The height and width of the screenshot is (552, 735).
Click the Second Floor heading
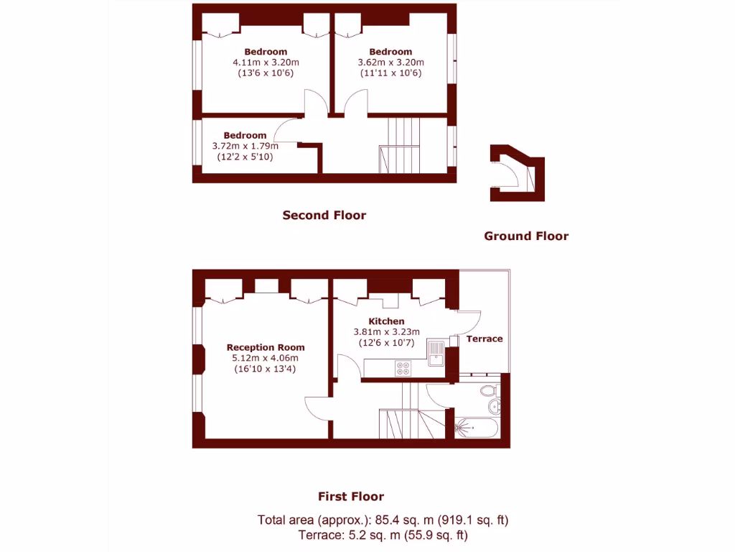324,215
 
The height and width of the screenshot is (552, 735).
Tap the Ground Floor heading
525,236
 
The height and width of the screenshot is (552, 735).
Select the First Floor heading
351,496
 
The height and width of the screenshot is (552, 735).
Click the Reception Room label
266,347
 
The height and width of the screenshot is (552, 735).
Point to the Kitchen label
386,321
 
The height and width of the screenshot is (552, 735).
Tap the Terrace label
484,339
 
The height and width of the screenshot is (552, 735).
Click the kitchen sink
436,354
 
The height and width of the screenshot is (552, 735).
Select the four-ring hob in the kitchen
403,368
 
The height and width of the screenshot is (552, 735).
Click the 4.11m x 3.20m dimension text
266,63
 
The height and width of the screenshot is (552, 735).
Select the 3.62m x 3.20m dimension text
390,63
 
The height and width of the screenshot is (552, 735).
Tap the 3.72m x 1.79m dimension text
245,146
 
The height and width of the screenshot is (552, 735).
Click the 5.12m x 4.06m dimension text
266,358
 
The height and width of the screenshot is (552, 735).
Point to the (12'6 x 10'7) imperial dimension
386,343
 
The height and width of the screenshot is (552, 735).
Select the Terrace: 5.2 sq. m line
383,535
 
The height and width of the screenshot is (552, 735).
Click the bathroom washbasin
495,408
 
